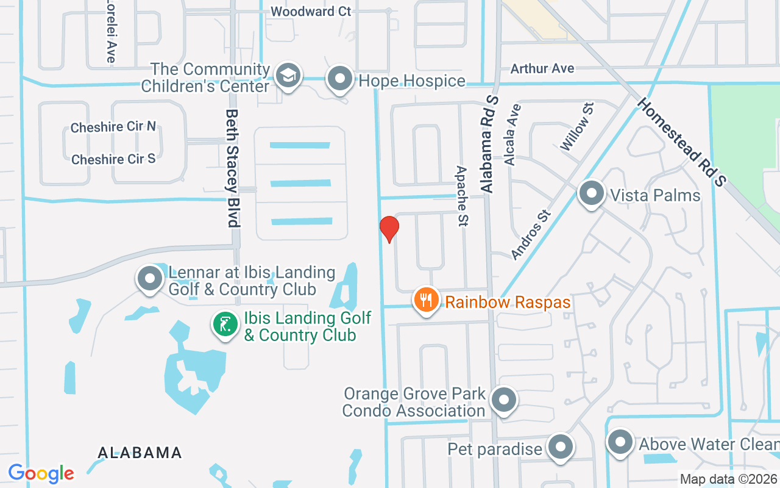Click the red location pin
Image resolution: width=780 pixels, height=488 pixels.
click(389, 229)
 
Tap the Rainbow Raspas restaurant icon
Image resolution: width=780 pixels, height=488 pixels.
click(427, 300)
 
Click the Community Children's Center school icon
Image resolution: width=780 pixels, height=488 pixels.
click(286, 76)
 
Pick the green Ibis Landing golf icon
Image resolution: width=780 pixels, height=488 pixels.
click(225, 325)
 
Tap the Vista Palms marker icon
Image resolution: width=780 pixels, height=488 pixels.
click(590, 194)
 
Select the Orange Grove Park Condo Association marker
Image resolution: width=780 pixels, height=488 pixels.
click(503, 401)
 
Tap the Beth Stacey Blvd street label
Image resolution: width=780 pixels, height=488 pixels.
click(232, 168)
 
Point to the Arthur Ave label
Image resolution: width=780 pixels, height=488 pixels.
click(542, 68)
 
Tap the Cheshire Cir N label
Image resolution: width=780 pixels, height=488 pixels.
click(113, 127)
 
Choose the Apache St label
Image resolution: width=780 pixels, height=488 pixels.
click(462, 196)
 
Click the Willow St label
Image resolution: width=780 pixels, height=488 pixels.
click(577, 126)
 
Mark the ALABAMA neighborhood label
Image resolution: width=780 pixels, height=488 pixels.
click(140, 453)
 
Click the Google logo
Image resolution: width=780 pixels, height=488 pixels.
click(41, 473)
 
